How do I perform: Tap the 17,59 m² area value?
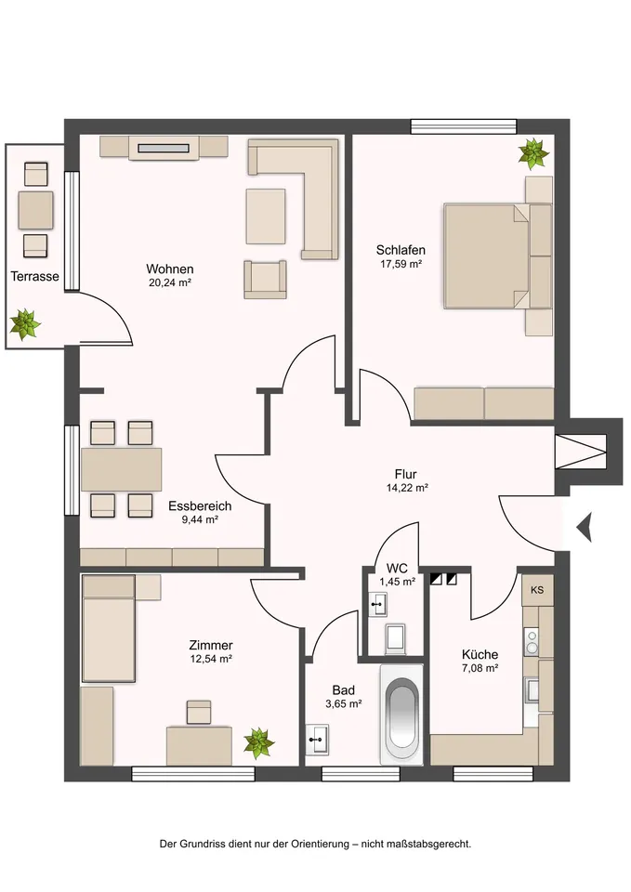401,265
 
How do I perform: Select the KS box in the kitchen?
536,590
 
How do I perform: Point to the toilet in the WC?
394,636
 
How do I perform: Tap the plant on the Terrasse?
25,324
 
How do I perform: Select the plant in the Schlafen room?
533,152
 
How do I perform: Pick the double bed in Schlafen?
487,256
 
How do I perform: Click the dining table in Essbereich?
121,469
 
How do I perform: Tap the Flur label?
405,473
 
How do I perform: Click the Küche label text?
479,654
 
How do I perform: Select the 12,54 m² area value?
210,659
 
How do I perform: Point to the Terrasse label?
35,277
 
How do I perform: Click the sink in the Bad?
318,741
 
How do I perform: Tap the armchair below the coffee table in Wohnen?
265,280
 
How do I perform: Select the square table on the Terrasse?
36,210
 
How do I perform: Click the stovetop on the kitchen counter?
532,639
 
